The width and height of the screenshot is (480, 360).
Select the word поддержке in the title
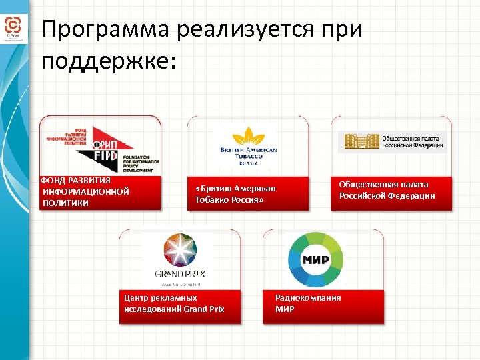pyautogui.click(x=107, y=61)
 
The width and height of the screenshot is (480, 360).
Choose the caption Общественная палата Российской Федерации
pyautogui.click(x=387, y=190)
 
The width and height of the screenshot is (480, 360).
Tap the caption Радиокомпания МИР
pyautogui.click(x=307, y=303)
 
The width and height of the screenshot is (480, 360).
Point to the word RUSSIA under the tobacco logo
pyautogui.click(x=249, y=163)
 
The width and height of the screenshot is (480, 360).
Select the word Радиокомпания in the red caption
pyautogui.click(x=307, y=298)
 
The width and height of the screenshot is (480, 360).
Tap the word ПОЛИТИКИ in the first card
pyautogui.click(x=65, y=203)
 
